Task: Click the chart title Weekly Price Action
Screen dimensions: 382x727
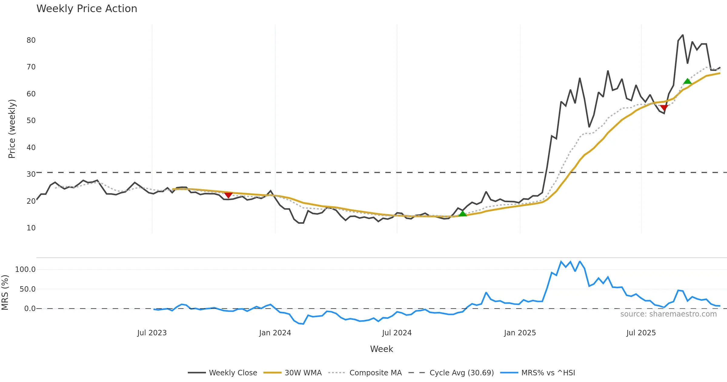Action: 87,9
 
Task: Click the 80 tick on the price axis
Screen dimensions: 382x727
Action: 31,40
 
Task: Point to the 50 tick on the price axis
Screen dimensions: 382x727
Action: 31,121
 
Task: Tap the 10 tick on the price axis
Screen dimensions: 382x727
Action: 31,228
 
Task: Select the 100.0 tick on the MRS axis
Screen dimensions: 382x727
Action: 25,270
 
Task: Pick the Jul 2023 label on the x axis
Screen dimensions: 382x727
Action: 152,333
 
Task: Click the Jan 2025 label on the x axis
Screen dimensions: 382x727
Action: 520,333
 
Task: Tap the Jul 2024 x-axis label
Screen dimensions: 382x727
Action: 397,333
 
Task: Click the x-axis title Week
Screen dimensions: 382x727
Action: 381,349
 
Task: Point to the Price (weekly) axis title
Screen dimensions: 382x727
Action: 12,129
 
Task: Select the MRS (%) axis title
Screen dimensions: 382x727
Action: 5,293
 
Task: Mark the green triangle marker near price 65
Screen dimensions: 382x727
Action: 687,81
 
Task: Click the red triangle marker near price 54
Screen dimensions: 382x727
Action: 664,108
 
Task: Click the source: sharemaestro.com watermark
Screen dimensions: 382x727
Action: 668,314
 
